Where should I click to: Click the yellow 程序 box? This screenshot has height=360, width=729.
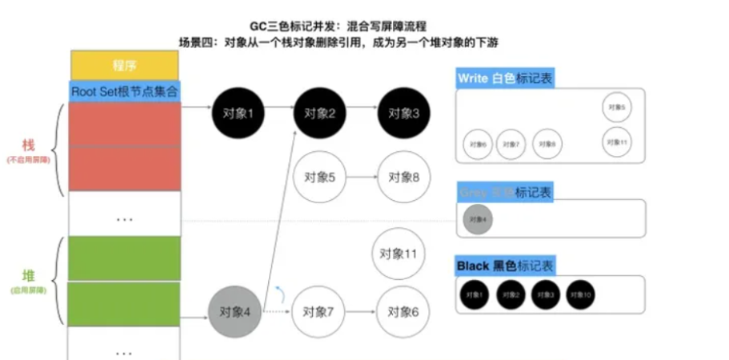125,64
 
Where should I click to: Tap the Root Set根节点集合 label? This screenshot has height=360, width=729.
125,90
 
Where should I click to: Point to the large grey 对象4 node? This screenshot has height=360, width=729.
235,310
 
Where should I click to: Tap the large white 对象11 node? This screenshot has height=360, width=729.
399,254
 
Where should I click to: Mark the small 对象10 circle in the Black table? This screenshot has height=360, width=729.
582,294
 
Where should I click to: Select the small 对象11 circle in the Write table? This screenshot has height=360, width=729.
616,142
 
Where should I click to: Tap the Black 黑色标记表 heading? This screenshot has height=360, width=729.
505,266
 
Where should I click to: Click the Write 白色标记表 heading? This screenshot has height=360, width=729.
504,78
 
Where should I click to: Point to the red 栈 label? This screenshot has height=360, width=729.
28,146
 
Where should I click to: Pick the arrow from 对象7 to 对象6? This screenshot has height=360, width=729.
362,310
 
